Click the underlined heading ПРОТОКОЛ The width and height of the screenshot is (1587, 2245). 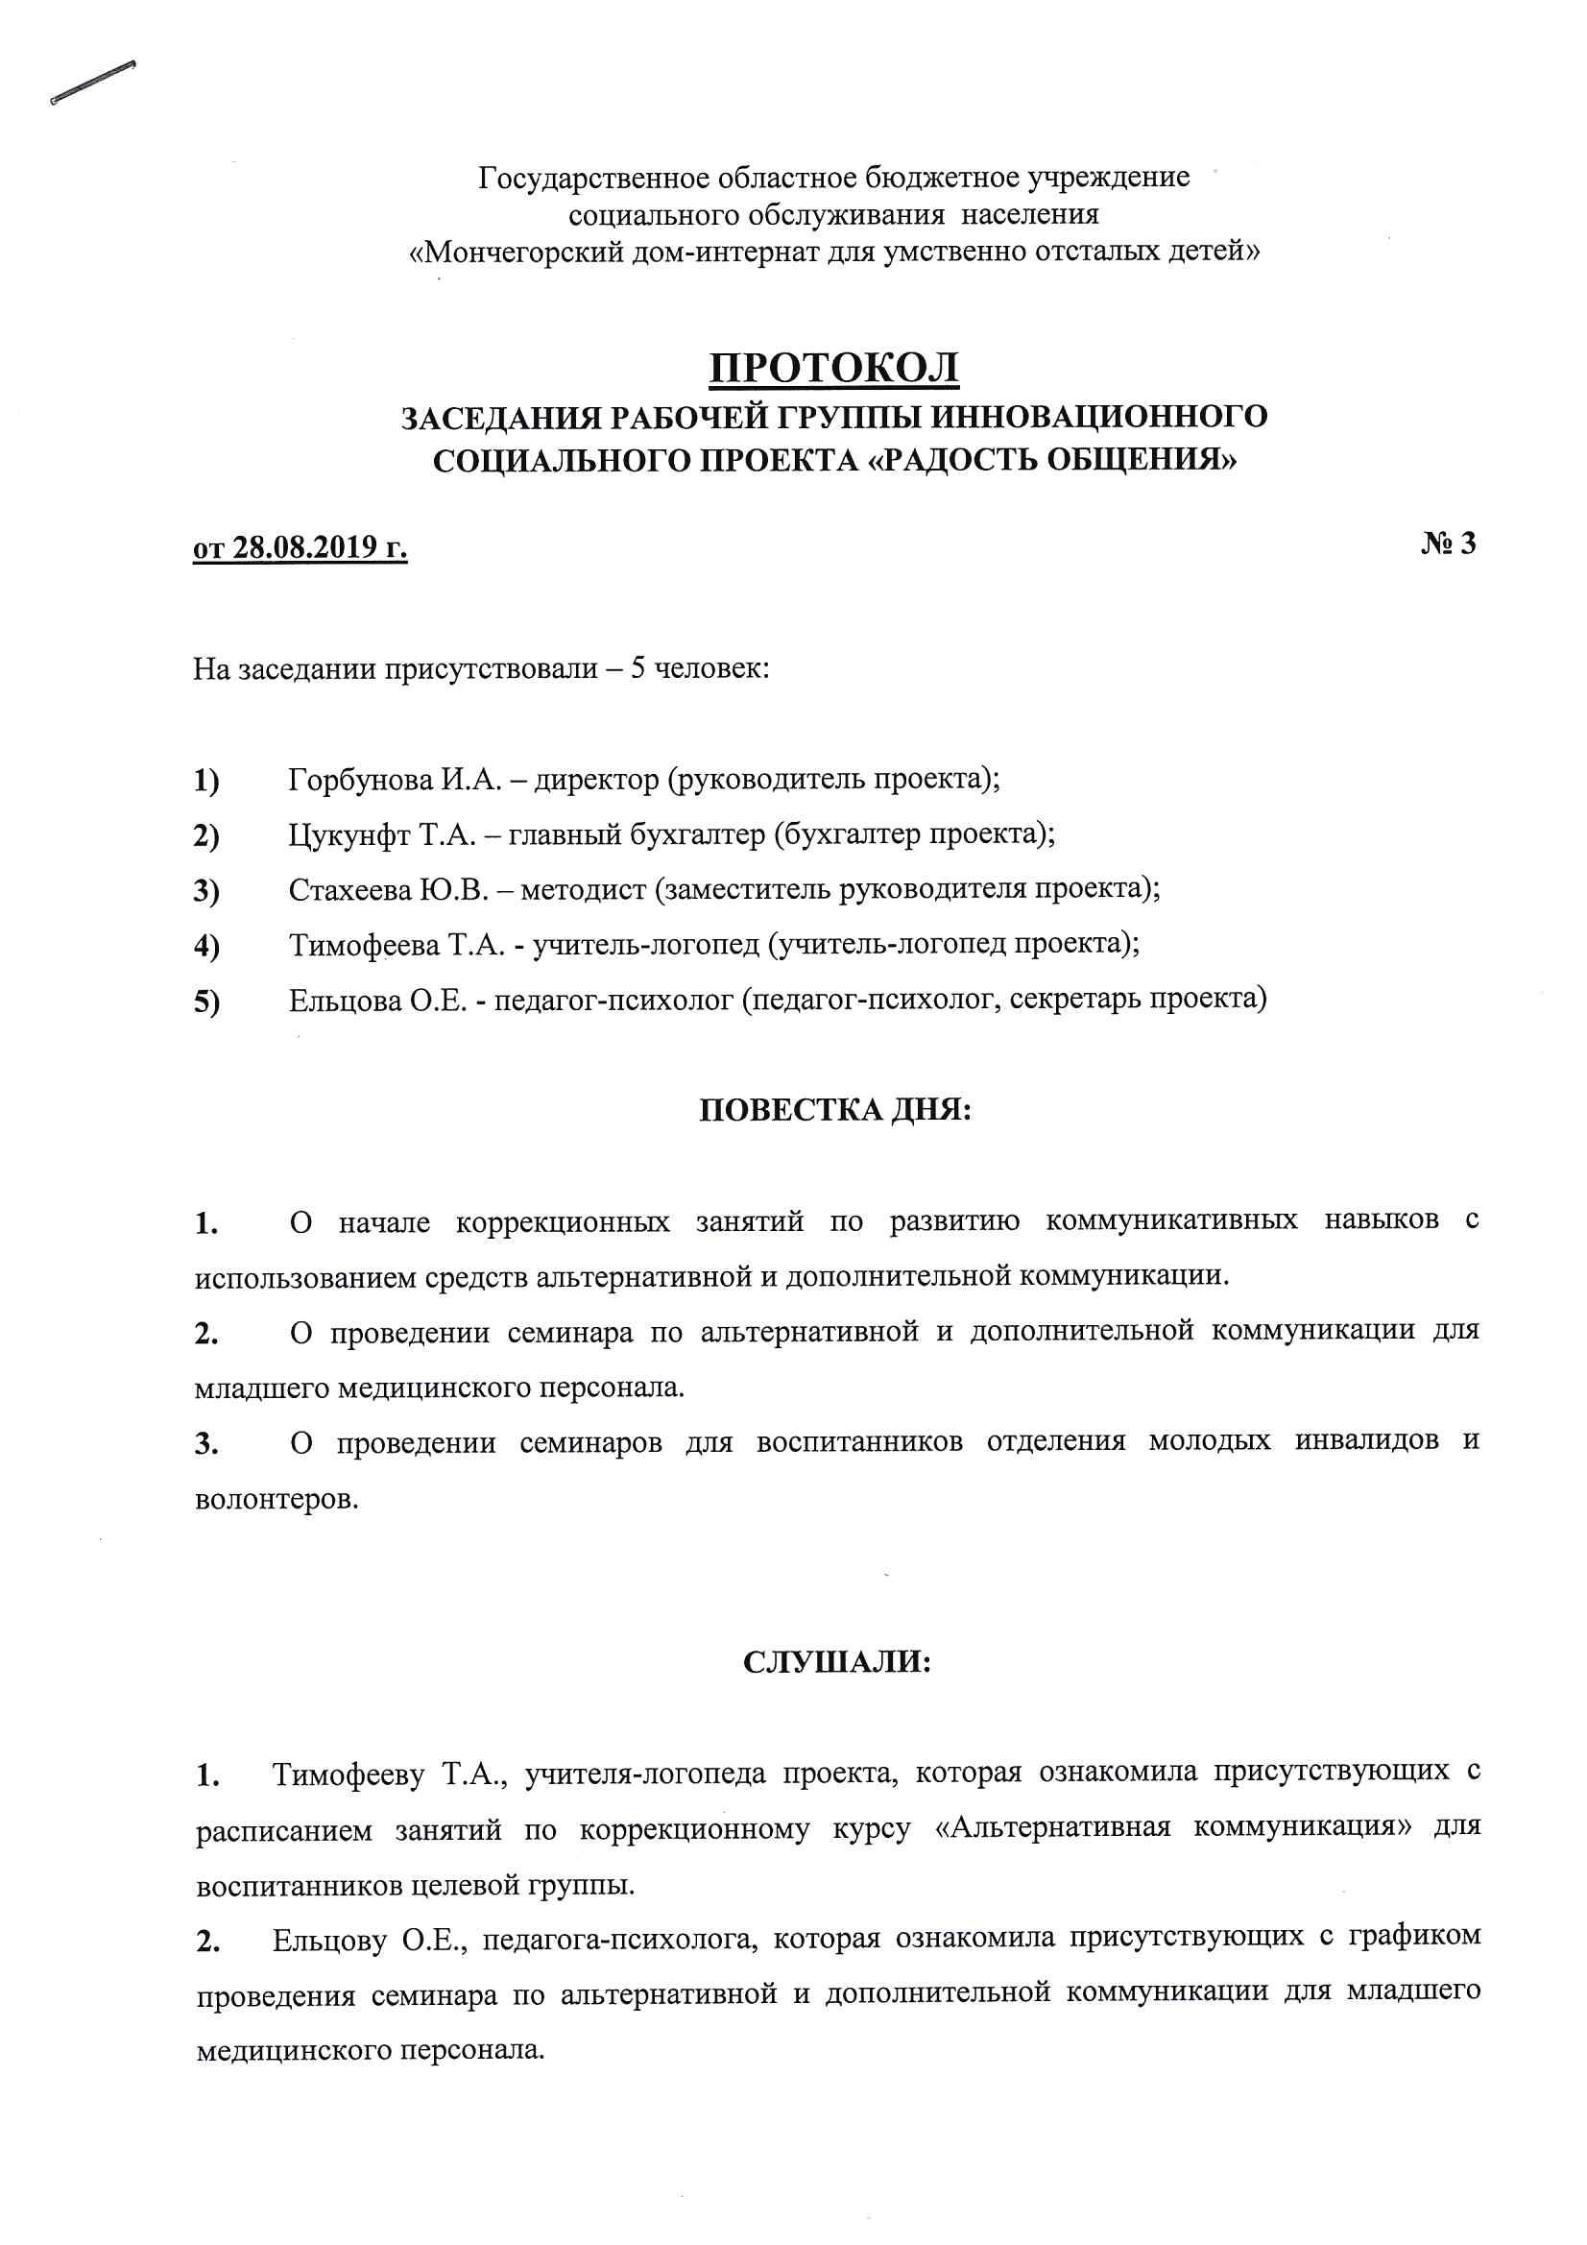click(833, 368)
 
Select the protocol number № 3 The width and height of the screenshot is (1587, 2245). click(1448, 543)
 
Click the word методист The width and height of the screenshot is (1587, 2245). click(583, 890)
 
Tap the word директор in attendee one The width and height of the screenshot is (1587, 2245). click(596, 780)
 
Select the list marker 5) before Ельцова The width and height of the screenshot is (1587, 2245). click(206, 1002)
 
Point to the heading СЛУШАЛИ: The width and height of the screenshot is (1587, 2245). click(837, 1661)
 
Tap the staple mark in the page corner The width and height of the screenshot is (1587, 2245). click(93, 83)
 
